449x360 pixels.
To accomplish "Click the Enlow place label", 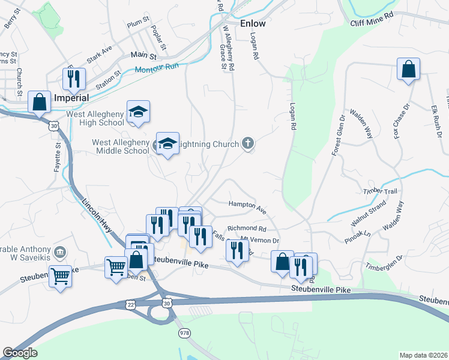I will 252,24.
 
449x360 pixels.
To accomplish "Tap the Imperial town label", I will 71,97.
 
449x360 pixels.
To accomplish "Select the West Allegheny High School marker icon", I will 138,111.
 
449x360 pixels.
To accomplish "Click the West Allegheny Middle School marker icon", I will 167,143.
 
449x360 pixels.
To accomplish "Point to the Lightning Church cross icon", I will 247,143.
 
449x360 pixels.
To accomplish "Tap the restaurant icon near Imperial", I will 74,78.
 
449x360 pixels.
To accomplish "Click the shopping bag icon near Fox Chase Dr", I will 408,69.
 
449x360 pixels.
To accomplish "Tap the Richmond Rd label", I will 246,229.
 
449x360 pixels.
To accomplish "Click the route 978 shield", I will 183,332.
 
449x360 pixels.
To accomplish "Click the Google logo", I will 20,353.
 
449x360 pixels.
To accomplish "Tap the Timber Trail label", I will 380,191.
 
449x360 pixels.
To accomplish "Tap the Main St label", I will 143,55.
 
